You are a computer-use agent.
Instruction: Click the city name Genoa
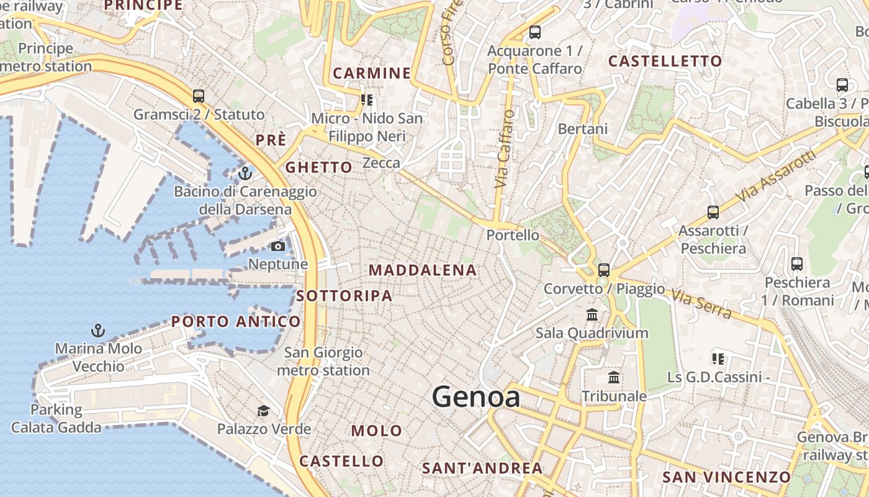coord(476,396)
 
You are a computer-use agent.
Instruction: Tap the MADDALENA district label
coord(423,270)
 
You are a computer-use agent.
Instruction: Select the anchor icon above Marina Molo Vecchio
coord(97,330)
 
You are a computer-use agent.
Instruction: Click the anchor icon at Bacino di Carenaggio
coord(245,173)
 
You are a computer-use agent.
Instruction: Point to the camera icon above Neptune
coord(277,247)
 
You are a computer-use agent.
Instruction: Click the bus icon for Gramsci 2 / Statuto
coord(199,96)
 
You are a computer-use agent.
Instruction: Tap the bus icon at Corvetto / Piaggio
coord(604,270)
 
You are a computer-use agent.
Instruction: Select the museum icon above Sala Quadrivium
coord(592,314)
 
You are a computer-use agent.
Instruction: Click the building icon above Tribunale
coord(614,378)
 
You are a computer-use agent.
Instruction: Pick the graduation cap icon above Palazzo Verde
coord(264,411)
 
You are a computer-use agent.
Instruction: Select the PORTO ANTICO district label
coord(236,322)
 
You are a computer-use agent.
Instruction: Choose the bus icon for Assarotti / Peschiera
coord(713,212)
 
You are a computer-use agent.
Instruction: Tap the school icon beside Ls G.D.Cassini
coord(718,358)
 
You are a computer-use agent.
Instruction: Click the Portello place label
coord(513,235)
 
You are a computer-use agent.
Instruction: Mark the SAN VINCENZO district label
coord(726,477)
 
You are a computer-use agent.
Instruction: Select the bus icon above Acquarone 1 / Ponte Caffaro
coord(534,32)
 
